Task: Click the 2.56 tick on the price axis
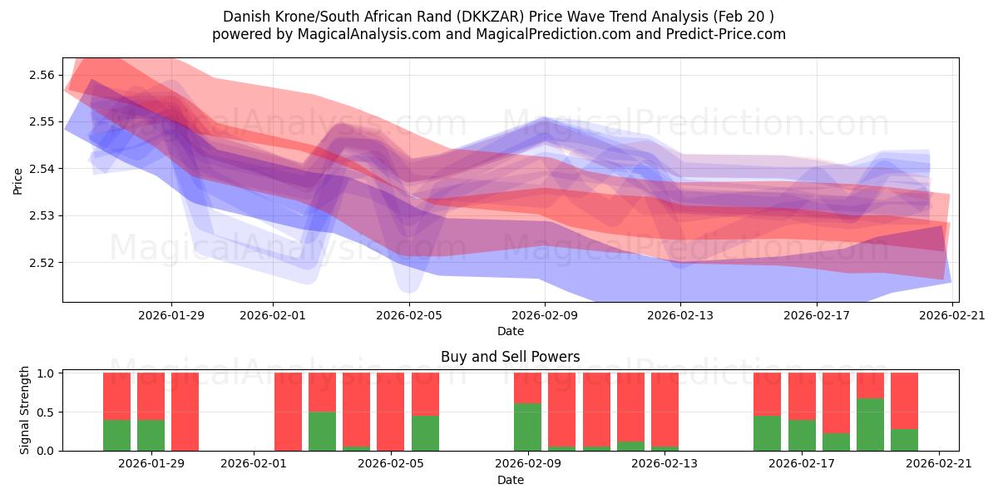point(42,75)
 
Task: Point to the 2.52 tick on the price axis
point(42,263)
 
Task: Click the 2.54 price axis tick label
point(42,169)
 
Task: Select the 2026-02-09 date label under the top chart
point(545,315)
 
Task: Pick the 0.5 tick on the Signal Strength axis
point(45,412)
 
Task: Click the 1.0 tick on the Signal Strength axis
point(45,373)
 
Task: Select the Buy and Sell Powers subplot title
point(510,357)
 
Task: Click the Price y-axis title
point(18,180)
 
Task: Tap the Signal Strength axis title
point(25,410)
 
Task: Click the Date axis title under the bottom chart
point(510,480)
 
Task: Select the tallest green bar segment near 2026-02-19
point(870,424)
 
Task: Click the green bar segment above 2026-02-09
point(527,427)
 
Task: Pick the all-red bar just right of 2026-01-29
point(185,412)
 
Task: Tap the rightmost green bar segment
point(904,440)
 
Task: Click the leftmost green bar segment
point(116,435)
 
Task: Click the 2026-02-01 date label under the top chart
point(274,315)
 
